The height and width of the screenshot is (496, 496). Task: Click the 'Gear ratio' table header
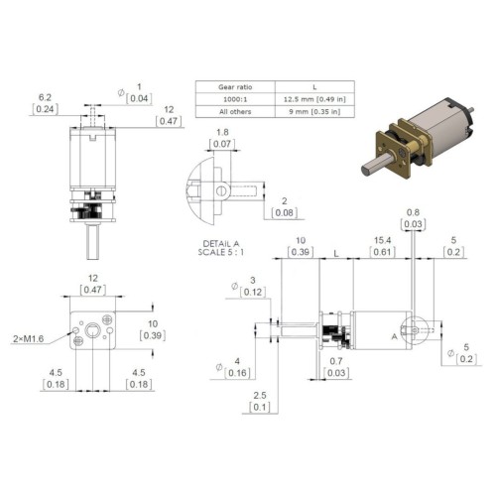point(235,87)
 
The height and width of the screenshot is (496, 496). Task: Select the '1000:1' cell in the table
point(235,99)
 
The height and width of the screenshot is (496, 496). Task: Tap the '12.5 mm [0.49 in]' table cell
point(314,99)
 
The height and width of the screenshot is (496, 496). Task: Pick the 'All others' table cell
point(235,112)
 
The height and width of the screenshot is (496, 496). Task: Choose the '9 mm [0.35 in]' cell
point(314,112)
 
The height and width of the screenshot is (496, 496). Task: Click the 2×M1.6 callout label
point(29,339)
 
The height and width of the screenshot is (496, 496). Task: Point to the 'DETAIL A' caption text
point(221,244)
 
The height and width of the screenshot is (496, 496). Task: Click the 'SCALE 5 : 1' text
point(221,252)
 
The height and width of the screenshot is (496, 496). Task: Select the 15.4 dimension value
point(382,240)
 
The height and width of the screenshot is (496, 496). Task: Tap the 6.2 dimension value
point(45,97)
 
